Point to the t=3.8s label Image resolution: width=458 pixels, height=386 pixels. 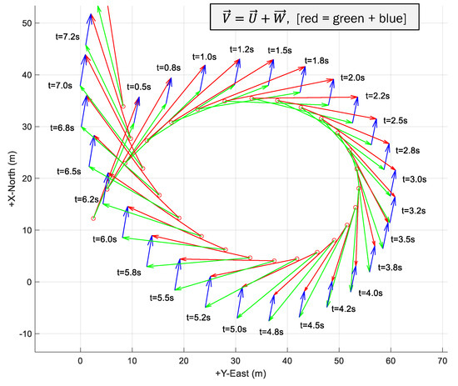390,268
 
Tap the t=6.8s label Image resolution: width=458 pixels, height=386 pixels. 62,128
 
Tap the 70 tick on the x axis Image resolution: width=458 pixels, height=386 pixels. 442,360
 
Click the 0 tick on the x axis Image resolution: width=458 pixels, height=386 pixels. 80,360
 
